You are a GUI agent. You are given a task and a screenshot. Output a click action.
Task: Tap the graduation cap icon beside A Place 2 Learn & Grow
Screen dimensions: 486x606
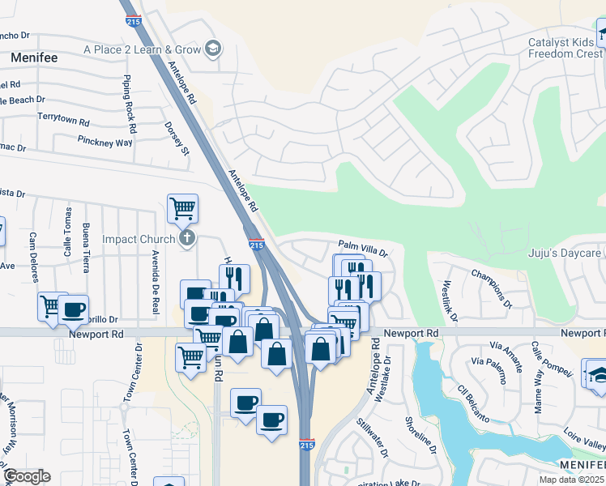(x=213, y=49)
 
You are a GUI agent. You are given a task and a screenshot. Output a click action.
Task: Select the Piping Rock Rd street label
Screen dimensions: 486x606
(x=130, y=106)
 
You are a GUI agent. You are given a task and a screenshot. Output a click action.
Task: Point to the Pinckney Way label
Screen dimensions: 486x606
(x=105, y=142)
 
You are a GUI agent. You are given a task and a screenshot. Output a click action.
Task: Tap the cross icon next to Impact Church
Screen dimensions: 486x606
(x=187, y=238)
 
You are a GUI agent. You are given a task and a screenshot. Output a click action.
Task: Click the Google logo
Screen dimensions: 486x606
(x=27, y=476)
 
